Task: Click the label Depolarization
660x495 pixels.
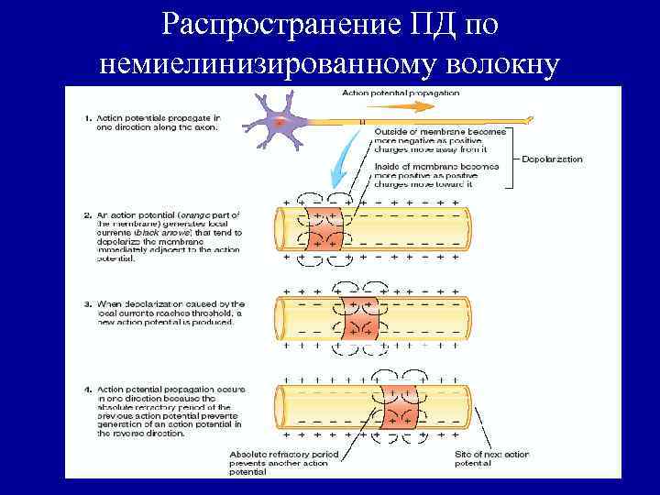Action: (551, 159)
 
